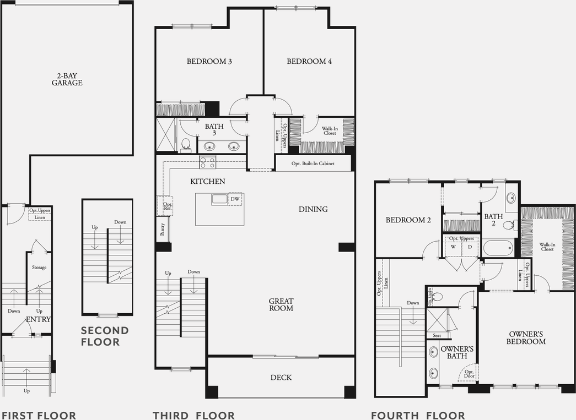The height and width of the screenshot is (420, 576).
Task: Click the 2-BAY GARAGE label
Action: tap(67, 79)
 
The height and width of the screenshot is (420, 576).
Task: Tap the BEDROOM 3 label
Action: tap(209, 62)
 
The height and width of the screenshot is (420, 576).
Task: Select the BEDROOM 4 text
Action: tap(309, 62)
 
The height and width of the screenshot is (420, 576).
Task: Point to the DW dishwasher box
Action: tap(235, 199)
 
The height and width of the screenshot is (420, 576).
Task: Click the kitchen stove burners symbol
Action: tap(207, 162)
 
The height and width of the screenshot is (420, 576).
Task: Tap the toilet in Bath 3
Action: tap(186, 145)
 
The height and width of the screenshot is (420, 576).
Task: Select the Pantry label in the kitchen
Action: tap(163, 229)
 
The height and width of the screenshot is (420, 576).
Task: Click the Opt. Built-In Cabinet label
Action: tap(313, 163)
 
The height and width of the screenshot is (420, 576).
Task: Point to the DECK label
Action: tap(281, 378)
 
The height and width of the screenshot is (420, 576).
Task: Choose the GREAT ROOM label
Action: tap(281, 304)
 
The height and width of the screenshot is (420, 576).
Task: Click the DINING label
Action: tap(313, 209)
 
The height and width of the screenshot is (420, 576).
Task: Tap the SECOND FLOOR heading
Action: tap(105, 336)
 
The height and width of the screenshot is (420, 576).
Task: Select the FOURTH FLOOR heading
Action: tap(418, 416)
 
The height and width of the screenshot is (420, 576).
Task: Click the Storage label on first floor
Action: tap(39, 268)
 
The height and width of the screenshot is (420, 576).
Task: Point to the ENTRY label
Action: tap(38, 319)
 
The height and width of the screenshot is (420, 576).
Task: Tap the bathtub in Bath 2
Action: tap(498, 248)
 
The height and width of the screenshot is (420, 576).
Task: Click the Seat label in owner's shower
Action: tap(437, 335)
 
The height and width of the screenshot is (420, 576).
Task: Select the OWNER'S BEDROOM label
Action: tap(527, 337)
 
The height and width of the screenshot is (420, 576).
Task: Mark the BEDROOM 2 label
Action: tap(408, 220)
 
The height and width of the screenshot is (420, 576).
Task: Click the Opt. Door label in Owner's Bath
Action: tap(469, 374)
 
